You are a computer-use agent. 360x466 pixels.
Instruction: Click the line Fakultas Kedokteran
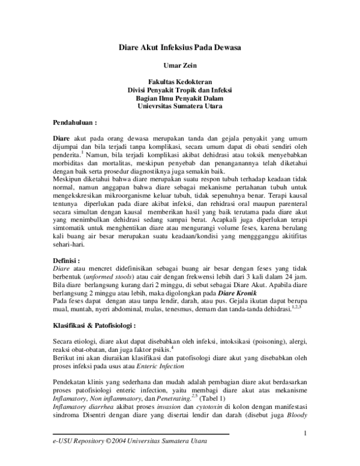coord(179,83)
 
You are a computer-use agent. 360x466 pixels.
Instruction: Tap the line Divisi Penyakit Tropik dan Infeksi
coord(179,91)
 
